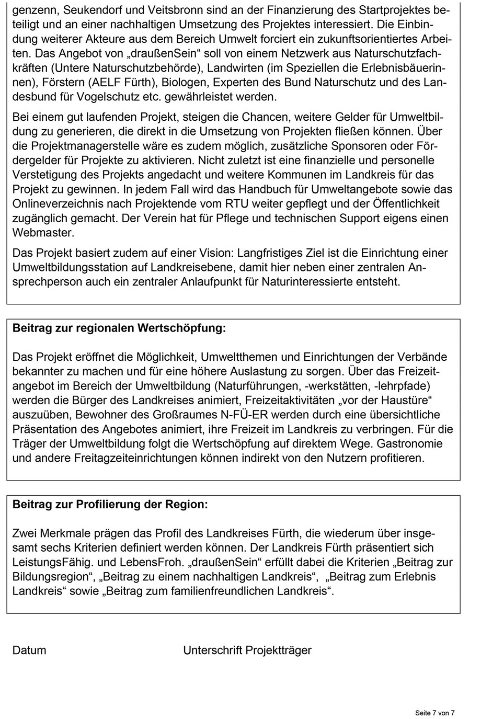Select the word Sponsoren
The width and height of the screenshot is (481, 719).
click(342, 146)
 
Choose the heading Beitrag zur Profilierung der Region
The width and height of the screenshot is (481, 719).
click(110, 505)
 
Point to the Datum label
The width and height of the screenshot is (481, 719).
click(29, 650)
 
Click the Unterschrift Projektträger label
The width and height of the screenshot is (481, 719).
click(247, 650)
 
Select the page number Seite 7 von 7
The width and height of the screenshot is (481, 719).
click(435, 713)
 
